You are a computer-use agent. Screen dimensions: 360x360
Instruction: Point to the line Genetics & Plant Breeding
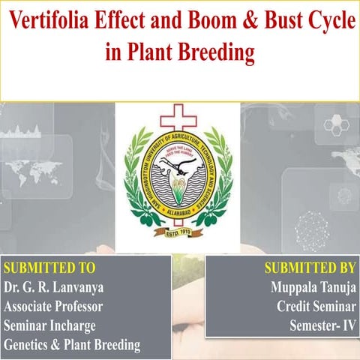(72, 344)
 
